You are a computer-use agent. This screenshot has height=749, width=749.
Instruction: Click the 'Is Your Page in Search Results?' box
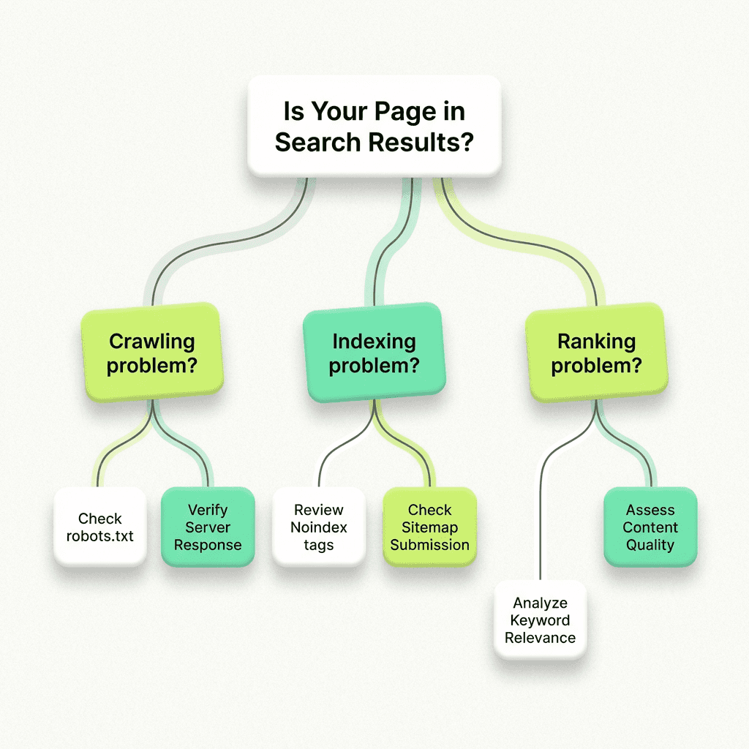(374, 126)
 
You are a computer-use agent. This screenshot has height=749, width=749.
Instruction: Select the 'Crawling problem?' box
(151, 353)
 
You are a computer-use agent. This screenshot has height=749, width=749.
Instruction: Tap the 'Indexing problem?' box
(374, 353)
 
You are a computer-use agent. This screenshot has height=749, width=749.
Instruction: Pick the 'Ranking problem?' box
(596, 353)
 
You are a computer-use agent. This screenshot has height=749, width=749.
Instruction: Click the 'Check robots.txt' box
(100, 527)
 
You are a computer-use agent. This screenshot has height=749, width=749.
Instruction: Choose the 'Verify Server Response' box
(208, 527)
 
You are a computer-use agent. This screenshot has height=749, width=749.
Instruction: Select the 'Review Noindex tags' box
(319, 527)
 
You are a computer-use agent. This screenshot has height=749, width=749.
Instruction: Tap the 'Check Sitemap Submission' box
(430, 527)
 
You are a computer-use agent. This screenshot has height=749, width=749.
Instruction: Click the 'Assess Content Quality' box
(650, 527)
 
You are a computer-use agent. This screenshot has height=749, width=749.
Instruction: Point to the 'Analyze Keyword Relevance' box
(540, 620)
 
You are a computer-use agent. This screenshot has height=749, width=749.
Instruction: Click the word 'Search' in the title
(318, 141)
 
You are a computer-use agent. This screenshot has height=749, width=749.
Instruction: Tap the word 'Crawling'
(151, 342)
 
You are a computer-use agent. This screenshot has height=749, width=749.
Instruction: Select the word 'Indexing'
(374, 342)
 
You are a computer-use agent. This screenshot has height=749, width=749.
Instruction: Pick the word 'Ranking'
(596, 342)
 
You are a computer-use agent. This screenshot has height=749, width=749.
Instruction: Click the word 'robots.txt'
(100, 535)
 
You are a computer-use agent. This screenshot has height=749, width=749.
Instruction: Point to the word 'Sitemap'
(430, 527)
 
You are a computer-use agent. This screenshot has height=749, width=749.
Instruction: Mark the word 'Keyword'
(540, 620)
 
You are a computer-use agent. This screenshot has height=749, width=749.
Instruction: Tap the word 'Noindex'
(319, 527)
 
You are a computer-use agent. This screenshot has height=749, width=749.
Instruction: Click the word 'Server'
(208, 527)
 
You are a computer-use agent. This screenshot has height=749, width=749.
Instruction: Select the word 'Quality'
(650, 545)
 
